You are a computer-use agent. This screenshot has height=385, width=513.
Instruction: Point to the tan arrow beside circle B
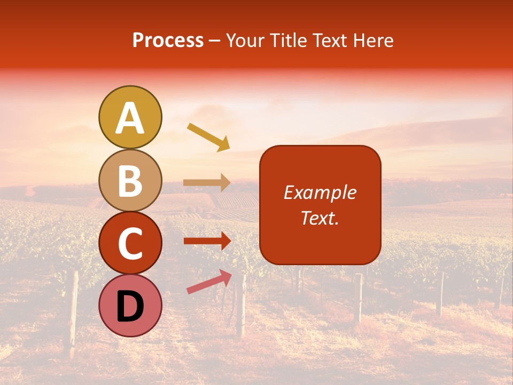coord(207,183)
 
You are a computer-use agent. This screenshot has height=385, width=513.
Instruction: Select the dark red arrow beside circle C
coord(207,241)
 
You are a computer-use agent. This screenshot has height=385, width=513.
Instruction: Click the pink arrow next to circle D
coord(209,282)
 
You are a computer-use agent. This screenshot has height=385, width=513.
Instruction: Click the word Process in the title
coord(168,41)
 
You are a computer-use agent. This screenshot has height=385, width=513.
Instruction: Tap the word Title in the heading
coord(288,41)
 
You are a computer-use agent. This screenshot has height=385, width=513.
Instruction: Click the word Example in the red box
coord(320,192)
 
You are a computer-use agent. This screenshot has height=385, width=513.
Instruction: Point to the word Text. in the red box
coord(320,218)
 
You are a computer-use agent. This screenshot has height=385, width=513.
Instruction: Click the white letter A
coord(130,119)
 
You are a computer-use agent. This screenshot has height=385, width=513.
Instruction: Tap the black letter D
coord(130,307)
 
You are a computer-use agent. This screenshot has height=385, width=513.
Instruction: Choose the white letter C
coord(130,244)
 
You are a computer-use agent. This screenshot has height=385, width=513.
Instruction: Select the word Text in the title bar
coord(328,41)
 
